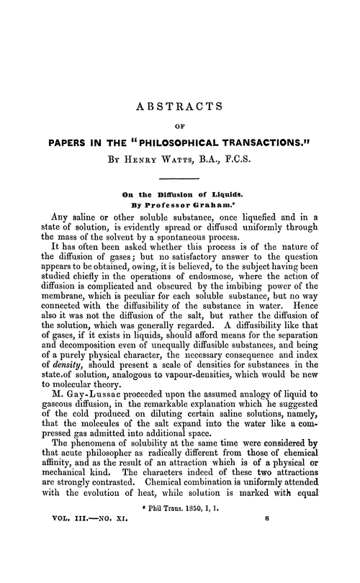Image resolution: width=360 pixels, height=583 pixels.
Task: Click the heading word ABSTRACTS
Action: point(180,108)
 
